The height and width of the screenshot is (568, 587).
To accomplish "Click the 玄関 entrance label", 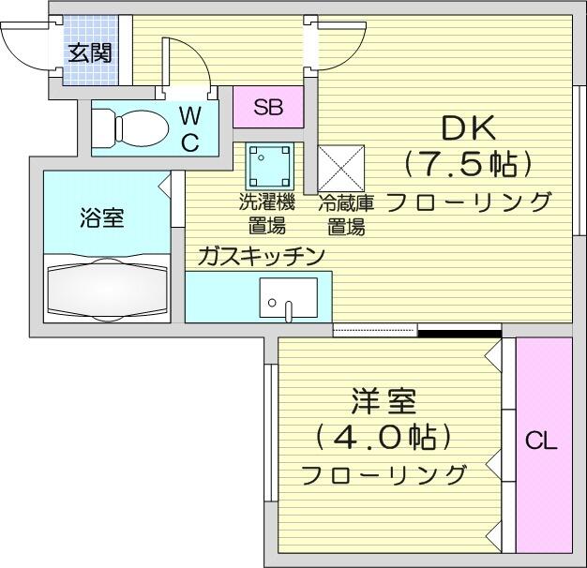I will pos(89,51).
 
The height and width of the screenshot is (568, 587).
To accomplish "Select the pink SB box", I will pos(267,106).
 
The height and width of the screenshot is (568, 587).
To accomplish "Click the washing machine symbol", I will pos(270,165).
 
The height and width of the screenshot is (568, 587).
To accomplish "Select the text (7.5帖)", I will pos(468,165).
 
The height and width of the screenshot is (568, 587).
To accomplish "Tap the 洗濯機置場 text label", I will pos(267,213).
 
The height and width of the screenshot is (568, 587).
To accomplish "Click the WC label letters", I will pos(189,128).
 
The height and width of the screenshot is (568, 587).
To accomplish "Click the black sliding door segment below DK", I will pos(459,331).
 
